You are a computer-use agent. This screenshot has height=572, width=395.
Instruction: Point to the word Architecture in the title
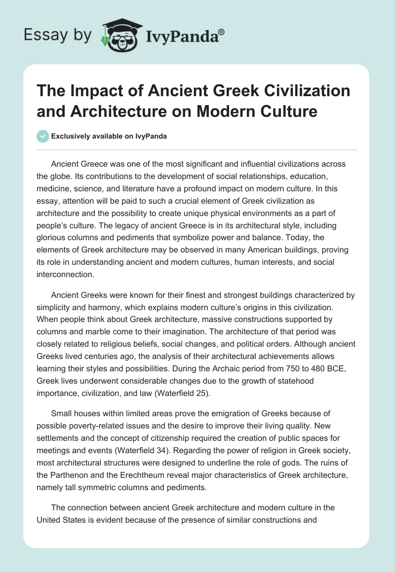click(120, 111)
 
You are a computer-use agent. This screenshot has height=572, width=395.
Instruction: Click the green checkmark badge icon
click(43, 136)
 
